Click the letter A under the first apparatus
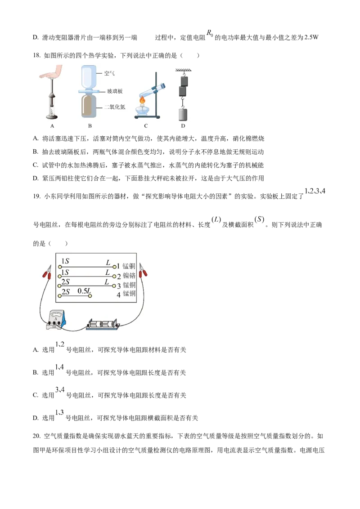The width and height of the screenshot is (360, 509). click(52, 126)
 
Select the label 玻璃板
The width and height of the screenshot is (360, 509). click(114, 91)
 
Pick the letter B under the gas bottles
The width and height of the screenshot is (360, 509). click(90, 126)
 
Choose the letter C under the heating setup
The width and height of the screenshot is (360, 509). click(146, 126)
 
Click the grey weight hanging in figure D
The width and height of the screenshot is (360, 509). click(183, 114)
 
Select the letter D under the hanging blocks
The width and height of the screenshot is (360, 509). click(183, 126)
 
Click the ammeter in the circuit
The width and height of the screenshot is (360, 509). click(56, 319)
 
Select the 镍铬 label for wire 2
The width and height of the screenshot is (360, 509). click(129, 276)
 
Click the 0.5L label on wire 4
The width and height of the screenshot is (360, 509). click(85, 291)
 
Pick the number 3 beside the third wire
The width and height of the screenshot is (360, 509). click(119, 285)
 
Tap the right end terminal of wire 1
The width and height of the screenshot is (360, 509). click(114, 267)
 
